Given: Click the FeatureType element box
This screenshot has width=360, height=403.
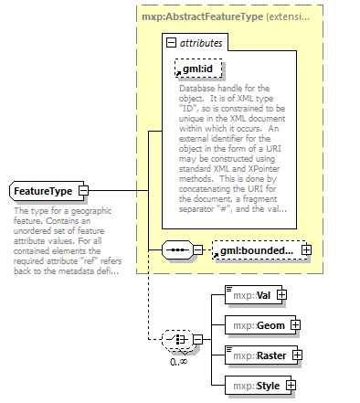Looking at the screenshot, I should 44,190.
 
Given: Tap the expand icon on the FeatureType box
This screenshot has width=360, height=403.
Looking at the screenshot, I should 83,190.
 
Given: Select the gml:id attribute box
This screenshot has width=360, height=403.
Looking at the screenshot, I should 196,69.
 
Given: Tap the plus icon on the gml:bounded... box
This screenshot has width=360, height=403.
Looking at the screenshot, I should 306,249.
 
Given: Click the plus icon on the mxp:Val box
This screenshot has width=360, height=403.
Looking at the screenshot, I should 281,295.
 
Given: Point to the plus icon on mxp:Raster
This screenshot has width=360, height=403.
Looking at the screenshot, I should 297,355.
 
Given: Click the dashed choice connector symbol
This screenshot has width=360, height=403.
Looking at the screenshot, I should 175,340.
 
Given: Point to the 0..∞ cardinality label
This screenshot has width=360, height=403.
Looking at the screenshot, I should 180,361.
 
